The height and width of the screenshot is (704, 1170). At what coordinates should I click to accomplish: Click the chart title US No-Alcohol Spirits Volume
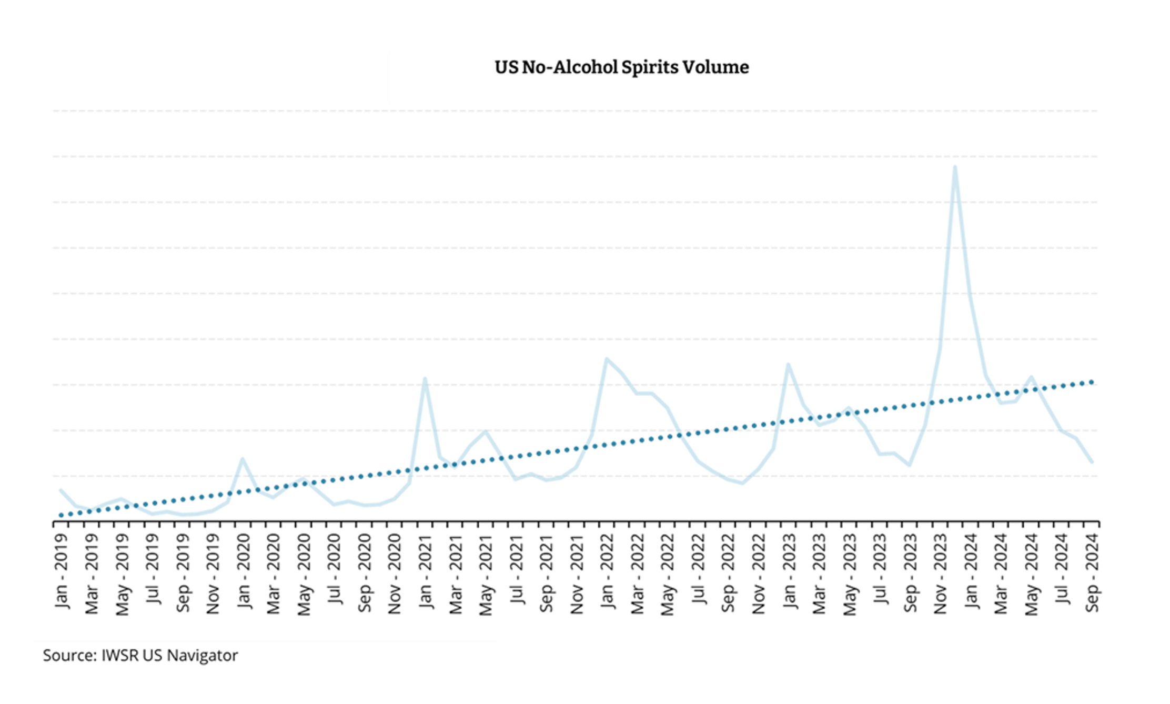(x=621, y=67)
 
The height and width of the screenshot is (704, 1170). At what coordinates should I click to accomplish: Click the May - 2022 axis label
(x=668, y=574)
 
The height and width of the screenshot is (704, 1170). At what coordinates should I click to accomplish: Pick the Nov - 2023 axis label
(x=941, y=574)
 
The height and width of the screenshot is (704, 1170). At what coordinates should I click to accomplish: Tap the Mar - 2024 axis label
(x=1001, y=574)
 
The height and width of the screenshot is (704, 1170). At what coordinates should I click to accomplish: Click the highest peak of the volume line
(x=955, y=167)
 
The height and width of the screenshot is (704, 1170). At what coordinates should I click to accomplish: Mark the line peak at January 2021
(x=425, y=379)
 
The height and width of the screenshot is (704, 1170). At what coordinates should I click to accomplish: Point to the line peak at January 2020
(x=243, y=459)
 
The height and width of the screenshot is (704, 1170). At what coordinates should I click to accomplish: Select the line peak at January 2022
(x=607, y=359)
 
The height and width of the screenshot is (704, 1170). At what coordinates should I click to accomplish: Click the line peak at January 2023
(x=788, y=364)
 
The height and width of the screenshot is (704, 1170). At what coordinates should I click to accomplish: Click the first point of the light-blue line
(x=61, y=490)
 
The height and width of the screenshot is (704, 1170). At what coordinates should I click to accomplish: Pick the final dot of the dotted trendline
(x=1092, y=382)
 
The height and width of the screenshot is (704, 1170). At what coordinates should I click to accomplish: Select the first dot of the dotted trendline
(x=61, y=515)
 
